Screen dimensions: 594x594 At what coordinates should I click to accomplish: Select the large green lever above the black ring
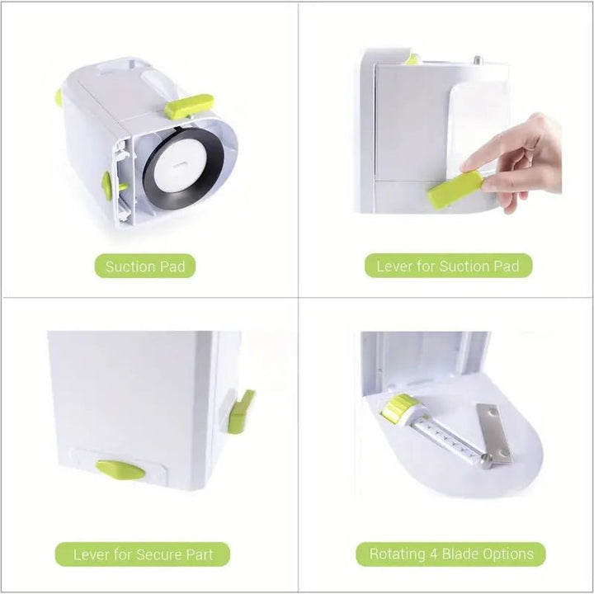(188, 106)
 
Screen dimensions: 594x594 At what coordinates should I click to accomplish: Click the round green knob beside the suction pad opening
(107, 185)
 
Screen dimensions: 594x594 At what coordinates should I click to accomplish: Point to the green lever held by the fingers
(455, 189)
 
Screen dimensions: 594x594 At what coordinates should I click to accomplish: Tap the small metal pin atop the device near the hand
(476, 59)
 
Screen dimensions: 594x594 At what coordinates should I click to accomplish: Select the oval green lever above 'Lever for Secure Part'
(120, 469)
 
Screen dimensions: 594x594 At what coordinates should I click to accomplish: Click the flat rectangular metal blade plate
(493, 431)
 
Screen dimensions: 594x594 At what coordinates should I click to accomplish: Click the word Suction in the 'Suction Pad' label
(130, 266)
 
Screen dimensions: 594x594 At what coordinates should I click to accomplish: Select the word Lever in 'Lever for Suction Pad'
(394, 266)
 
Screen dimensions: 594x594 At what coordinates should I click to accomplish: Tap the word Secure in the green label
(162, 554)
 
